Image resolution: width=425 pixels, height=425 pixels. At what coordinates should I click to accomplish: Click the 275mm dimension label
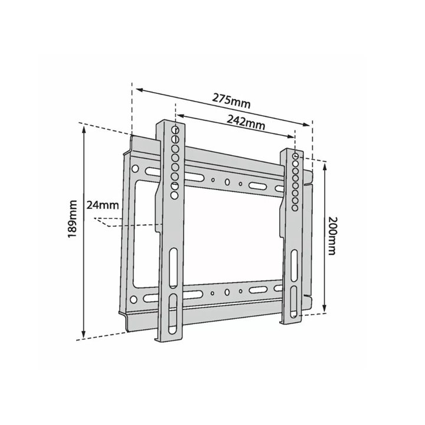pyautogui.click(x=231, y=100)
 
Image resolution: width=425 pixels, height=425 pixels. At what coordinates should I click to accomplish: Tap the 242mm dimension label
pyautogui.click(x=246, y=122)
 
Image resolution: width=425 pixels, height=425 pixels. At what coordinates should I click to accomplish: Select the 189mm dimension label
pyautogui.click(x=73, y=219)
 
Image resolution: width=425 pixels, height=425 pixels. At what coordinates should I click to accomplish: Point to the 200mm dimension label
pyautogui.click(x=332, y=236)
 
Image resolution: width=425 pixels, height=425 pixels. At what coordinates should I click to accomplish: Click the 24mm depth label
pyautogui.click(x=103, y=205)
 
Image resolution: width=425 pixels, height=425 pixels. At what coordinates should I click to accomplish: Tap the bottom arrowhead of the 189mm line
pyautogui.click(x=84, y=334)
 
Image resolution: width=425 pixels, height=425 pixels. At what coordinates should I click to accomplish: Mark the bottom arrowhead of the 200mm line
pyautogui.click(x=325, y=309)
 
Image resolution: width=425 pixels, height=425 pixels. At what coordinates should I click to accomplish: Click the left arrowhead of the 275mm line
pyautogui.click(x=140, y=90)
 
